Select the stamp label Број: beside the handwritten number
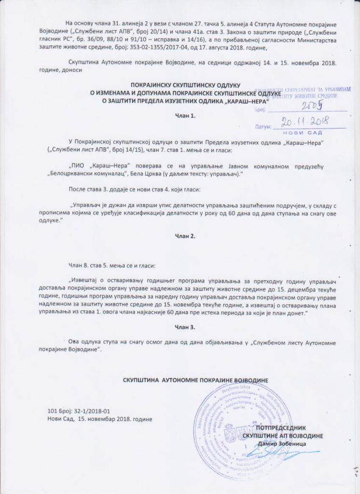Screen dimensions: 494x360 260,110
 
